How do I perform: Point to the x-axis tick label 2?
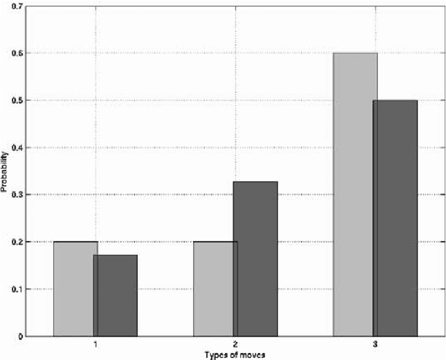(236, 345)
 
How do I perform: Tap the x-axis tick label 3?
(376, 345)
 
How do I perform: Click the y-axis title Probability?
(4, 171)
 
